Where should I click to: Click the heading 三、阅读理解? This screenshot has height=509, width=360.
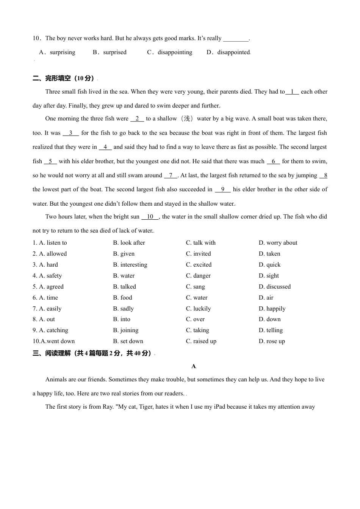click(x=92, y=353)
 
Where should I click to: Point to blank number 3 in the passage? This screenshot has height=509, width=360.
click(x=71, y=133)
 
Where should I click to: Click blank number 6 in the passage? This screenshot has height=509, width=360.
click(x=273, y=161)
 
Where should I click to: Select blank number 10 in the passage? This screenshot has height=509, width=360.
click(x=150, y=217)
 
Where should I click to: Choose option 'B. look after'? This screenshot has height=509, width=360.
click(x=129, y=243)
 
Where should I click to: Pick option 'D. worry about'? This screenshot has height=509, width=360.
click(x=278, y=243)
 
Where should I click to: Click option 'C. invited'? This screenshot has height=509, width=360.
click(x=198, y=254)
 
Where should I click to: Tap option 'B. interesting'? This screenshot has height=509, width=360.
click(x=130, y=265)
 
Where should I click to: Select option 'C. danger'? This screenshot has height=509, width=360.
click(x=198, y=276)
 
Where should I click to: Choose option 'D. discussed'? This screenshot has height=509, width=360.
click(x=275, y=287)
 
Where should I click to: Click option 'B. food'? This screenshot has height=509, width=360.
click(x=122, y=298)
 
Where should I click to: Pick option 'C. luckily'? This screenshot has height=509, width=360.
click(x=198, y=309)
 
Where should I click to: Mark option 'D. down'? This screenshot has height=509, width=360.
click(x=269, y=319)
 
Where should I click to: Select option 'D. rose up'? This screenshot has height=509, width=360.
click(x=272, y=341)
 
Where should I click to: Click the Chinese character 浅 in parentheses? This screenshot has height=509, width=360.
click(x=187, y=119)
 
